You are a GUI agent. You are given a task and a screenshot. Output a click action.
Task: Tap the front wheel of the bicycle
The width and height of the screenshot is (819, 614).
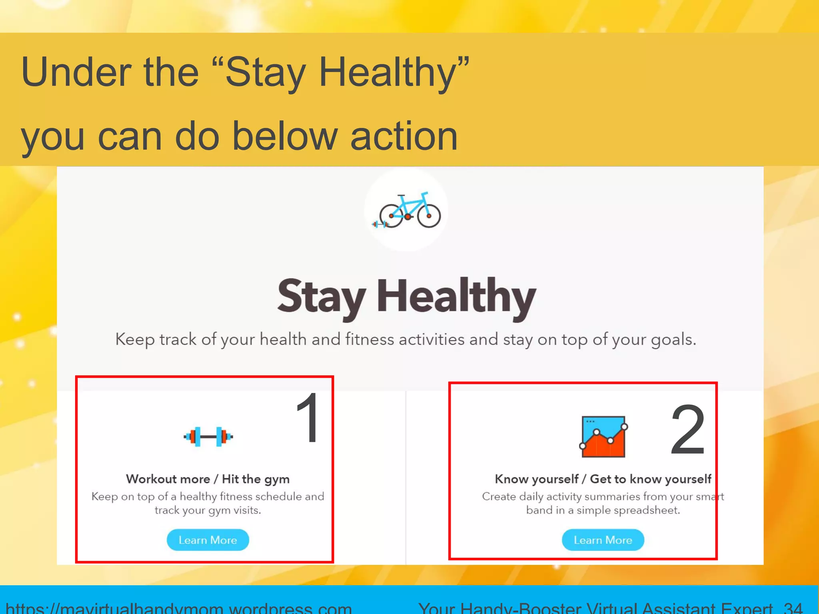pos(429,216)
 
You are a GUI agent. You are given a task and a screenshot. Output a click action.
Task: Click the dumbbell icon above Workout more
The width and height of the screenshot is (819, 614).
pos(208,437)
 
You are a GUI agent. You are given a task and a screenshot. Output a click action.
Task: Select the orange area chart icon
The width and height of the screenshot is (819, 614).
pos(603,437)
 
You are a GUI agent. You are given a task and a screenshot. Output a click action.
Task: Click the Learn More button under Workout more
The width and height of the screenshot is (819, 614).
pos(208,540)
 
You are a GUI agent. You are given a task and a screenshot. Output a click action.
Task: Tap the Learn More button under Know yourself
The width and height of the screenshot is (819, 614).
pos(603,540)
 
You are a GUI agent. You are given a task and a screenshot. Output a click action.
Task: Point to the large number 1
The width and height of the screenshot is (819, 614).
pos(308,418)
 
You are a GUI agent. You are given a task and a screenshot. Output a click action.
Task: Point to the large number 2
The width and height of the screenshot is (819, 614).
pos(687,430)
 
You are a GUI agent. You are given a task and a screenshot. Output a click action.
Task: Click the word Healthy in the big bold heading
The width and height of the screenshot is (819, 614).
pos(456,297)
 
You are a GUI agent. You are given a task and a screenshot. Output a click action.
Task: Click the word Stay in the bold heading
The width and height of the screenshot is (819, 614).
pos(321,297)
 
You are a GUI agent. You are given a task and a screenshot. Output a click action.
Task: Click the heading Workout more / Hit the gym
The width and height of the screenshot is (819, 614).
pos(208,479)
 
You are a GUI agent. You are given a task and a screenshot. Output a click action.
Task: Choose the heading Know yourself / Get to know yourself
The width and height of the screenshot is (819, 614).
pos(603,479)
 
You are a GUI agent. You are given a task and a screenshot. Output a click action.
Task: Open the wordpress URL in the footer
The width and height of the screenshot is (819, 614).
pos(178,608)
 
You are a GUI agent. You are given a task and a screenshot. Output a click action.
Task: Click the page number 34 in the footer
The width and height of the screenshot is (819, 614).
pos(793,608)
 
